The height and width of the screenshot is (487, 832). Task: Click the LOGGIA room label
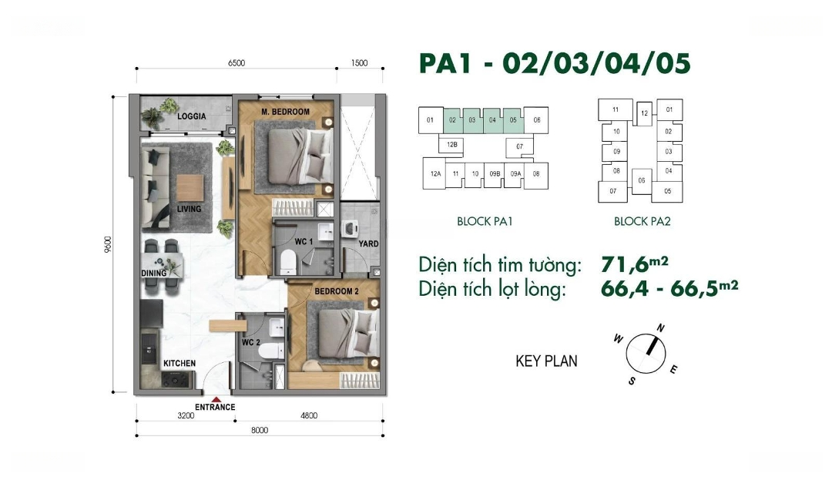click(x=192, y=116)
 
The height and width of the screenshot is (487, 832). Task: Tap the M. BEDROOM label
click(x=286, y=112)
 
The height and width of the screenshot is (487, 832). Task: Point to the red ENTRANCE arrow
click(x=216, y=400)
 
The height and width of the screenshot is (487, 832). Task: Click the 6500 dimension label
click(x=237, y=63)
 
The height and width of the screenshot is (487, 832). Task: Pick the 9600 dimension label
click(x=109, y=244)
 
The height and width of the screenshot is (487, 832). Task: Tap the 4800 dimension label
click(x=309, y=416)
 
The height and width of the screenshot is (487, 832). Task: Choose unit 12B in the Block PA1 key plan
click(x=452, y=144)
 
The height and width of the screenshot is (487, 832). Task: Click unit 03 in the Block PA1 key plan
click(x=472, y=120)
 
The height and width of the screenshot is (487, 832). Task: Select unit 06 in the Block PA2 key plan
click(x=642, y=180)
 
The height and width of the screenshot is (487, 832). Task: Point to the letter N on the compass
click(x=661, y=328)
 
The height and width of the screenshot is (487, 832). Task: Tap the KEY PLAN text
click(x=546, y=361)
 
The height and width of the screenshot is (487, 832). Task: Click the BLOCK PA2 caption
click(x=642, y=222)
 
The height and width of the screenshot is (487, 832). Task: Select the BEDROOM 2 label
click(x=337, y=291)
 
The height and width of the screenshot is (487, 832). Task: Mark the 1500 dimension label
click(x=359, y=63)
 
